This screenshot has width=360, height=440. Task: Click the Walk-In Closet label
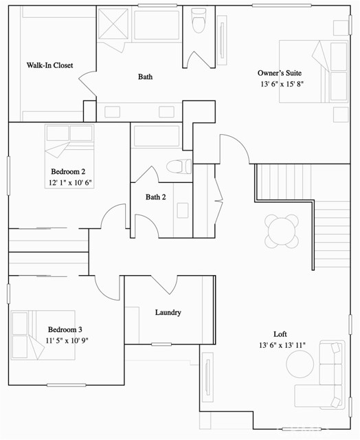(49, 65)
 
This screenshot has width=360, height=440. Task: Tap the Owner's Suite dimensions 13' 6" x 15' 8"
(282, 84)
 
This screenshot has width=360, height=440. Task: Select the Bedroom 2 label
(68, 171)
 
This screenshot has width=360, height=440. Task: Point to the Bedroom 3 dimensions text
(67, 341)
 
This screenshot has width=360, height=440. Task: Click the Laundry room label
(168, 313)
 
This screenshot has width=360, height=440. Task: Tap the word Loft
(280, 334)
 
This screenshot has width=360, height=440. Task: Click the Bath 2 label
(155, 197)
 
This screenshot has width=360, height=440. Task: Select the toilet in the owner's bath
(199, 20)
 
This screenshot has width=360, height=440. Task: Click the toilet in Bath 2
(179, 166)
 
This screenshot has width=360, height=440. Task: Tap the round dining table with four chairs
(282, 232)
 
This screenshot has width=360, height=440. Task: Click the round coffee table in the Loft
(300, 364)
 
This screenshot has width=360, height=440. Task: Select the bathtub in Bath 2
(157, 136)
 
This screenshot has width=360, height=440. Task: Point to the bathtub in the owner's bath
(157, 25)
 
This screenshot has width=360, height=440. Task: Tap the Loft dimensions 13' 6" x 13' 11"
(282, 345)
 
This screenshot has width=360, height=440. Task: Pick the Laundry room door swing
(165, 285)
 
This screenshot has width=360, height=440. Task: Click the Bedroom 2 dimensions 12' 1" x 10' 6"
(70, 183)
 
